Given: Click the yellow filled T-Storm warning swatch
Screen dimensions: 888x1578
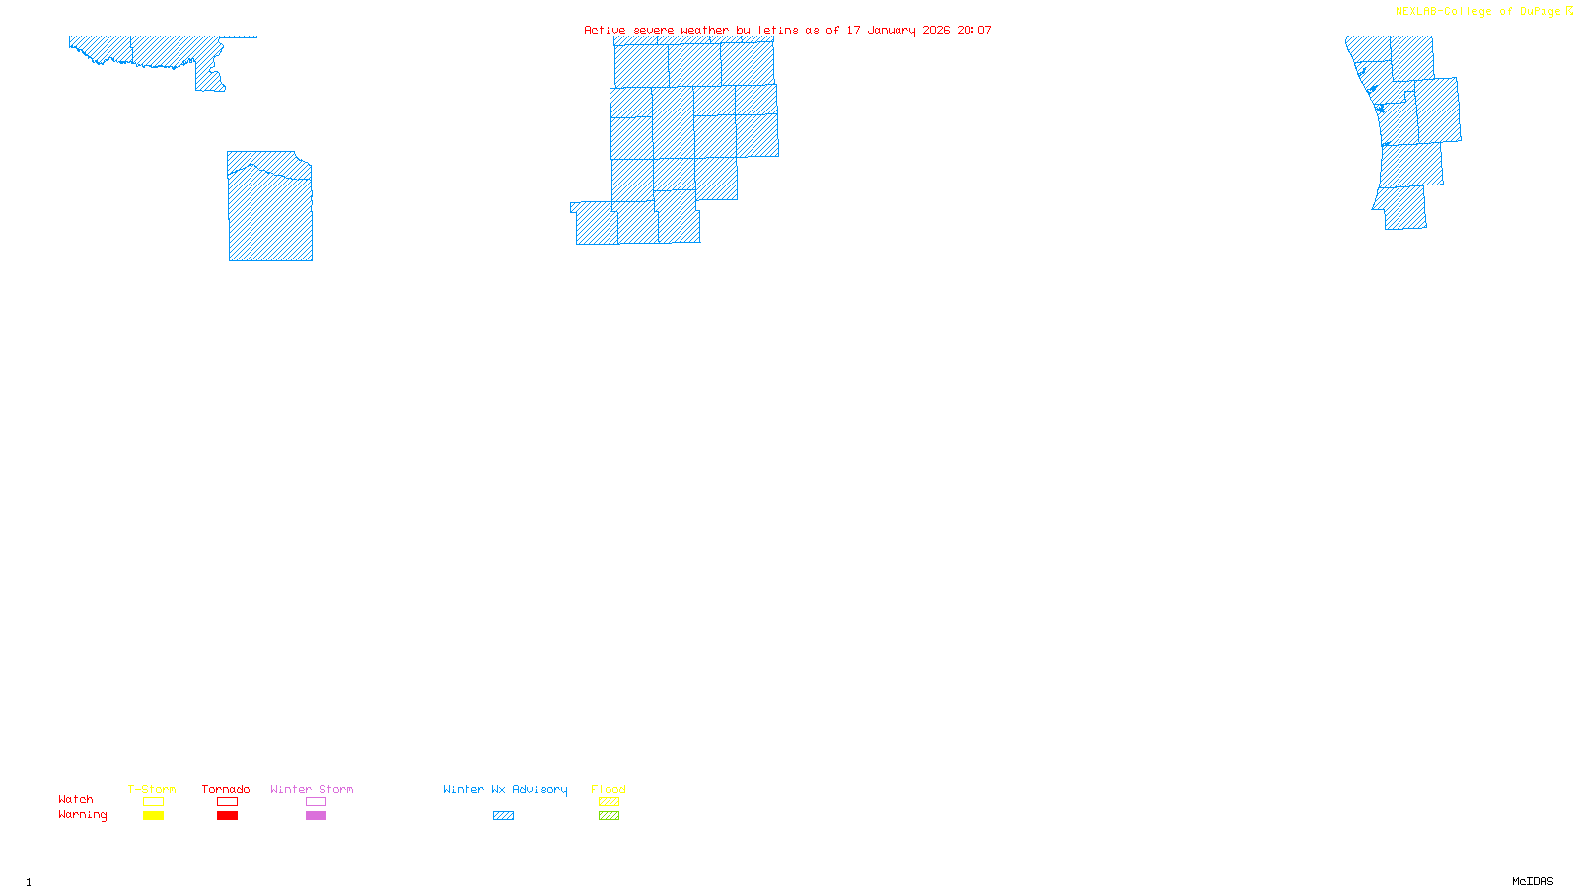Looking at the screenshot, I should (x=153, y=816).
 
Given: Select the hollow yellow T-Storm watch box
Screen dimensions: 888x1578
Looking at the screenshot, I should (x=153, y=802).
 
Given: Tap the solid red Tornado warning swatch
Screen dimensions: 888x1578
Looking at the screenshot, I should (x=227, y=816).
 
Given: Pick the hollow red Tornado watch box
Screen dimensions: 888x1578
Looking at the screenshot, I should (x=227, y=802).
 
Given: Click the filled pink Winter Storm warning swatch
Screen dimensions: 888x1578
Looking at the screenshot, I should (x=316, y=816).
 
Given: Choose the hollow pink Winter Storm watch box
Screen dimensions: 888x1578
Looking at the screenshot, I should (x=316, y=802).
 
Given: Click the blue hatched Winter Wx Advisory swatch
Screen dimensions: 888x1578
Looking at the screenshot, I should (x=503, y=816).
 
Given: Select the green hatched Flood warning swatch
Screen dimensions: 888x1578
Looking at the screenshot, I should (x=609, y=816).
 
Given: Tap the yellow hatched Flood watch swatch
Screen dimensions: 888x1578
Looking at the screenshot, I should (x=609, y=802).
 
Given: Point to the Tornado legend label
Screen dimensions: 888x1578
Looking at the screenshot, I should (x=226, y=789).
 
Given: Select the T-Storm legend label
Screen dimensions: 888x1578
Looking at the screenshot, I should (x=152, y=789).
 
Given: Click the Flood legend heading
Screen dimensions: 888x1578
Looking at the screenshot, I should (x=609, y=789).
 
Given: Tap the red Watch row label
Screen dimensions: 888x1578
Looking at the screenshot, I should (x=76, y=799).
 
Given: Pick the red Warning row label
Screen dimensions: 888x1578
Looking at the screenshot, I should (x=83, y=815).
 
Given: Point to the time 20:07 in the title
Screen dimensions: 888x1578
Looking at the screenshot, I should (x=974, y=31).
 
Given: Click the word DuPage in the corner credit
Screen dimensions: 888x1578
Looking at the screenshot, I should (x=1540, y=12).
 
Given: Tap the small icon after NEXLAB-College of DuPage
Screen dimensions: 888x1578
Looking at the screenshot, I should (x=1569, y=11).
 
